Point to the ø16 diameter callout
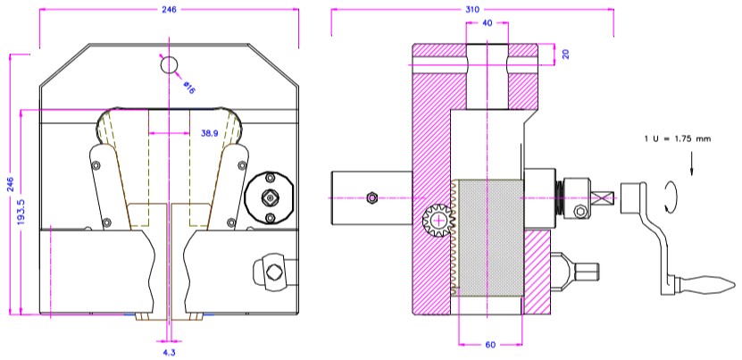(x=189, y=88)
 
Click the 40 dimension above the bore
(x=487, y=23)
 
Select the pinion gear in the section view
(x=438, y=219)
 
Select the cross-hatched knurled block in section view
(x=488, y=236)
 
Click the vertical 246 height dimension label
(x=9, y=184)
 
